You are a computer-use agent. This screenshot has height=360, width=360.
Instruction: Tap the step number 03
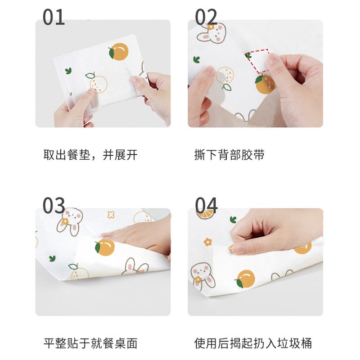(54, 205)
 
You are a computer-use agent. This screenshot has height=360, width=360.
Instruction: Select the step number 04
(206, 205)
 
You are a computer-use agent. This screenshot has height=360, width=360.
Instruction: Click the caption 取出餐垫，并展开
(90, 155)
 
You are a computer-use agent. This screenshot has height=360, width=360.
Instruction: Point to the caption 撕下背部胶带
(229, 155)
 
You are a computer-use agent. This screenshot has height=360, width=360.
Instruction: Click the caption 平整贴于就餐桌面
(90, 343)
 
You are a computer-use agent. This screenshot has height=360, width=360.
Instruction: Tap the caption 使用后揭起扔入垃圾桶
(253, 343)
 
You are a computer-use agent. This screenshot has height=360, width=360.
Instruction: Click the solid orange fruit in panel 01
(118, 51)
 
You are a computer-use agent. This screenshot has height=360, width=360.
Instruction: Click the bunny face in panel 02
(211, 34)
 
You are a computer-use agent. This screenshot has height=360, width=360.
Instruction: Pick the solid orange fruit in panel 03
(105, 247)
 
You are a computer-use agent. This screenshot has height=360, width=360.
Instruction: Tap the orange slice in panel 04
(206, 215)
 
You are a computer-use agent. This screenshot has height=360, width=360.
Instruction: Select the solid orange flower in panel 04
(208, 242)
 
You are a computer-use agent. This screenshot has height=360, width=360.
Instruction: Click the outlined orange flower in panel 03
(111, 215)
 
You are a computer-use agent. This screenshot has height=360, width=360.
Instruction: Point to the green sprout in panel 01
(68, 71)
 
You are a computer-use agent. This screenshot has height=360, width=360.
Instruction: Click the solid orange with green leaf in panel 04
(245, 279)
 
